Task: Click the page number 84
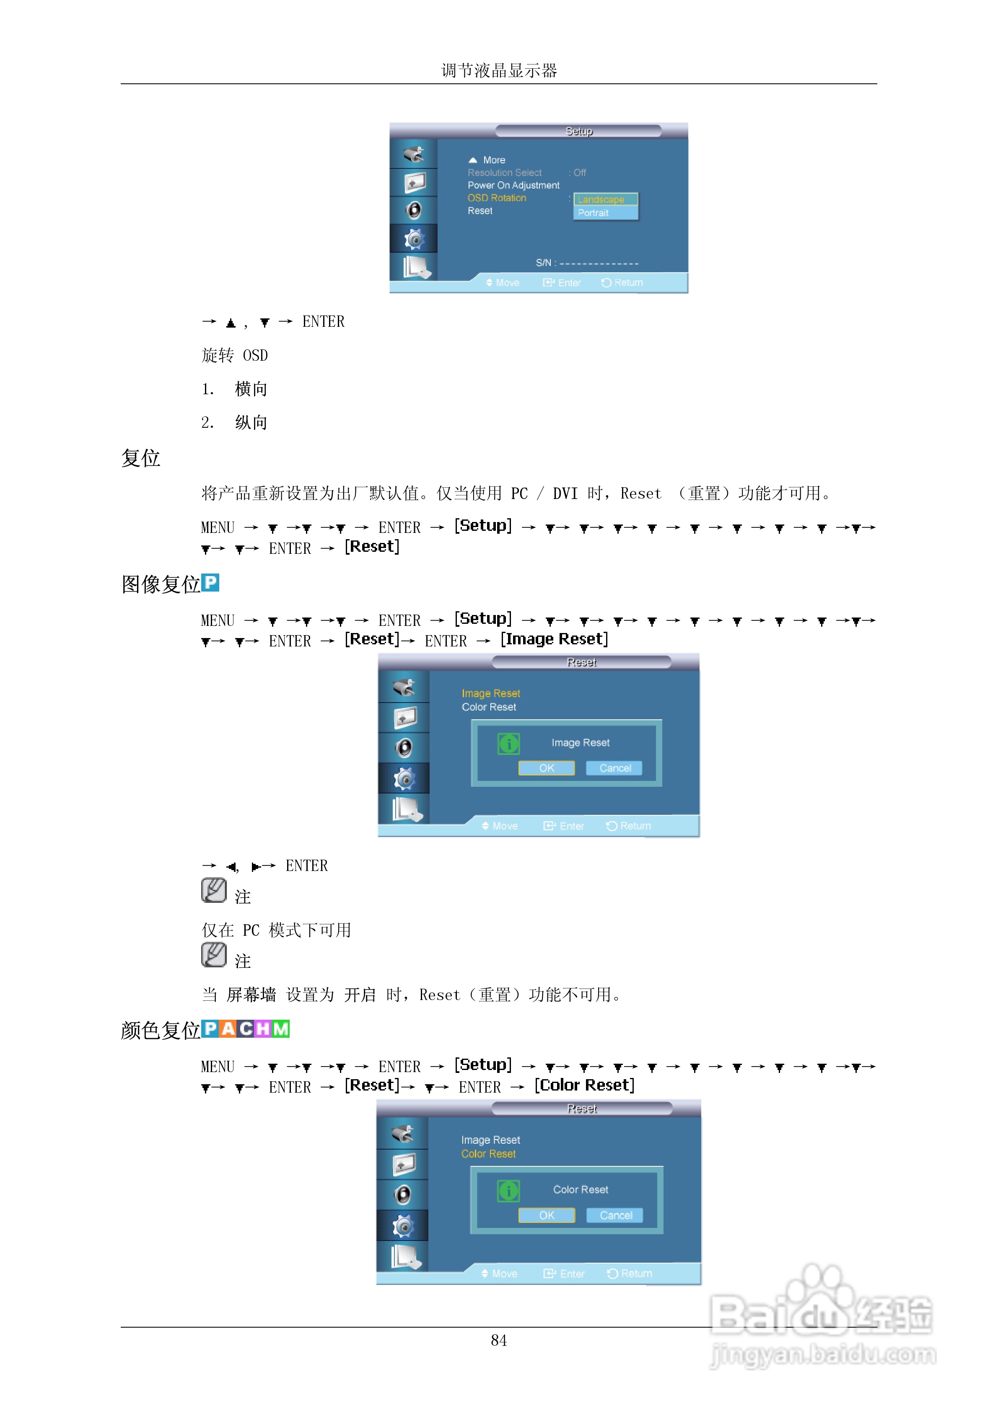(x=499, y=1340)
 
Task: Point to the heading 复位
(x=141, y=458)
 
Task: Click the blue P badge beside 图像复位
(x=210, y=583)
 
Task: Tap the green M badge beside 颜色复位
(x=281, y=1029)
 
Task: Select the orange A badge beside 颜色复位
(x=228, y=1029)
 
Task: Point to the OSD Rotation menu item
(x=497, y=198)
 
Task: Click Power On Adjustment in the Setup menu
(x=513, y=185)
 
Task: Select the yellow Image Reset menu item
(x=491, y=693)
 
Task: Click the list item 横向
(x=251, y=389)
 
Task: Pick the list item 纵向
(x=251, y=423)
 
